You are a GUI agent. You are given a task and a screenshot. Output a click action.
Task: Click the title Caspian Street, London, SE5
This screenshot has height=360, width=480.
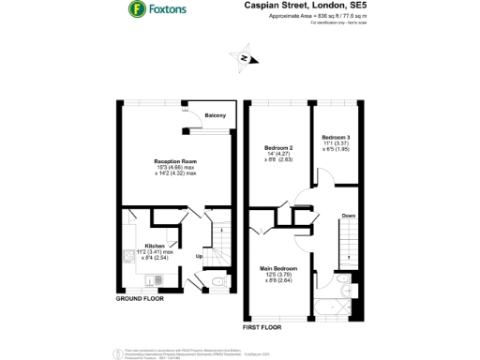tap(297, 6)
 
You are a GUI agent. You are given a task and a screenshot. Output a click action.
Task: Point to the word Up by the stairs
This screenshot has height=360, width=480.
tap(198, 256)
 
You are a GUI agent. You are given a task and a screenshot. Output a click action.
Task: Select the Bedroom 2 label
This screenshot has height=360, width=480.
tap(278, 148)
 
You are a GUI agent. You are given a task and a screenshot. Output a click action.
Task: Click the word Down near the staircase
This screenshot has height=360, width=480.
tap(348, 215)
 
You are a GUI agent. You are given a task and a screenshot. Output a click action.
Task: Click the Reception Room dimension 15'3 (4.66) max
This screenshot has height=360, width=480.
tap(175, 168)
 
